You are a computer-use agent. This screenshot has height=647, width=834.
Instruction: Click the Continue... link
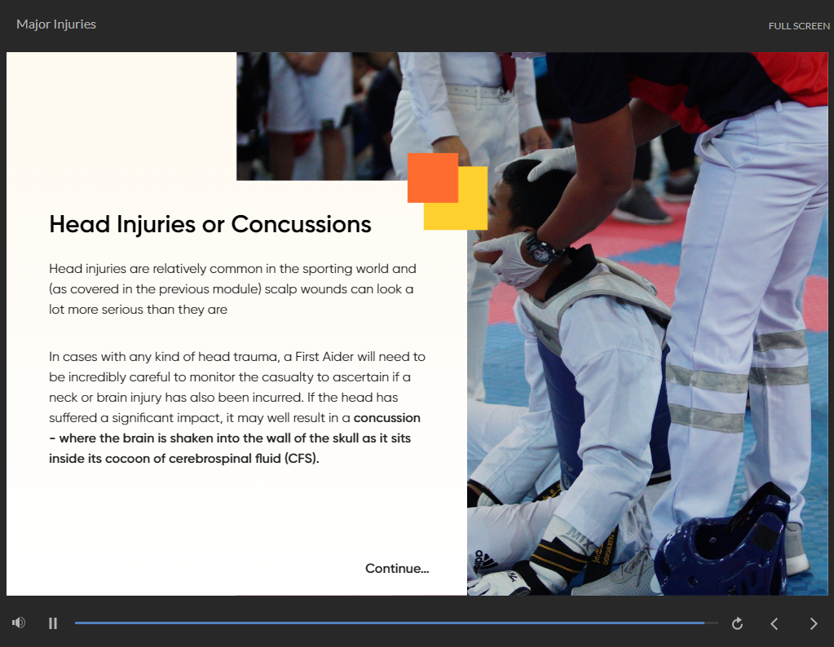click(397, 568)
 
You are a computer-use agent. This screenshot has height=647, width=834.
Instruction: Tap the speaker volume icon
click(19, 623)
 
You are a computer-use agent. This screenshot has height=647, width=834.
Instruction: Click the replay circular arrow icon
click(737, 623)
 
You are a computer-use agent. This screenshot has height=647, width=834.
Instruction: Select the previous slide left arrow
click(774, 623)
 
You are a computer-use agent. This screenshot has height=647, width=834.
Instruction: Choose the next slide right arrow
click(814, 623)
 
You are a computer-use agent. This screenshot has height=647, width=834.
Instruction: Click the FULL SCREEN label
click(799, 26)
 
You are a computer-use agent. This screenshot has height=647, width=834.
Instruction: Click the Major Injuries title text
click(56, 24)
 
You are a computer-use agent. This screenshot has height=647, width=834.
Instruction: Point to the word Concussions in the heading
click(301, 224)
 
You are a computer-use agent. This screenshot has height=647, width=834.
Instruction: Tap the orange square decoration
click(433, 178)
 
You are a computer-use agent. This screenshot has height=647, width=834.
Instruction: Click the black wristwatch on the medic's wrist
click(540, 249)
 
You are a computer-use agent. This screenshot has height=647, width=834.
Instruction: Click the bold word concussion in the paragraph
click(387, 418)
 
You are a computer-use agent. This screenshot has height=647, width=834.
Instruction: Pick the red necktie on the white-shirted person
click(507, 71)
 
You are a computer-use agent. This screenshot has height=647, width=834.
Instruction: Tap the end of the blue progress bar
click(704, 623)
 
